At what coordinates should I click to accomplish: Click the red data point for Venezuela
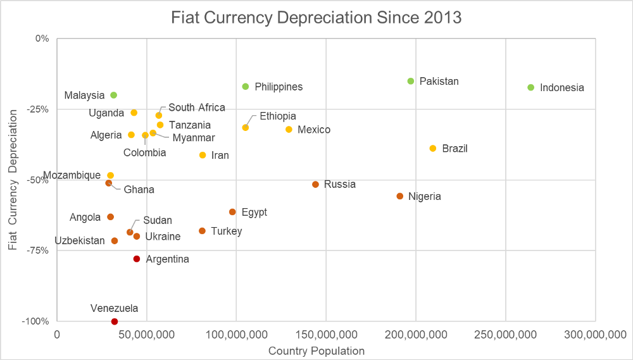tap(115, 321)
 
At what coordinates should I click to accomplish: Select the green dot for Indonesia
tap(530, 87)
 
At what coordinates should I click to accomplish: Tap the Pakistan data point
tap(411, 81)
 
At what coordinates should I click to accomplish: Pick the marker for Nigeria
tap(399, 196)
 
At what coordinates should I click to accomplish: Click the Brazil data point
tap(433, 148)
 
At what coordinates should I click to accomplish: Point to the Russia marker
tap(315, 184)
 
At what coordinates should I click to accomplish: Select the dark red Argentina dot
tap(137, 259)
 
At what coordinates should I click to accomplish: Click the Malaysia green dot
tap(114, 95)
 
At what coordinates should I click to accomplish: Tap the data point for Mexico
tap(289, 129)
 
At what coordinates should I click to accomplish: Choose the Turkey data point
tap(202, 231)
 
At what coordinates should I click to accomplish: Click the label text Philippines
tap(279, 87)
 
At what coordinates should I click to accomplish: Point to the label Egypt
tap(254, 212)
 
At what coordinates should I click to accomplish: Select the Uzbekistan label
tap(80, 240)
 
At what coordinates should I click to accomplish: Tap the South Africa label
tap(196, 108)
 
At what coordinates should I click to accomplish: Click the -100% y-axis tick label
tap(36, 321)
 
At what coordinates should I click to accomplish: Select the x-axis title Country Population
tap(316, 351)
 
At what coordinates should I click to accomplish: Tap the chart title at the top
tap(316, 18)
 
